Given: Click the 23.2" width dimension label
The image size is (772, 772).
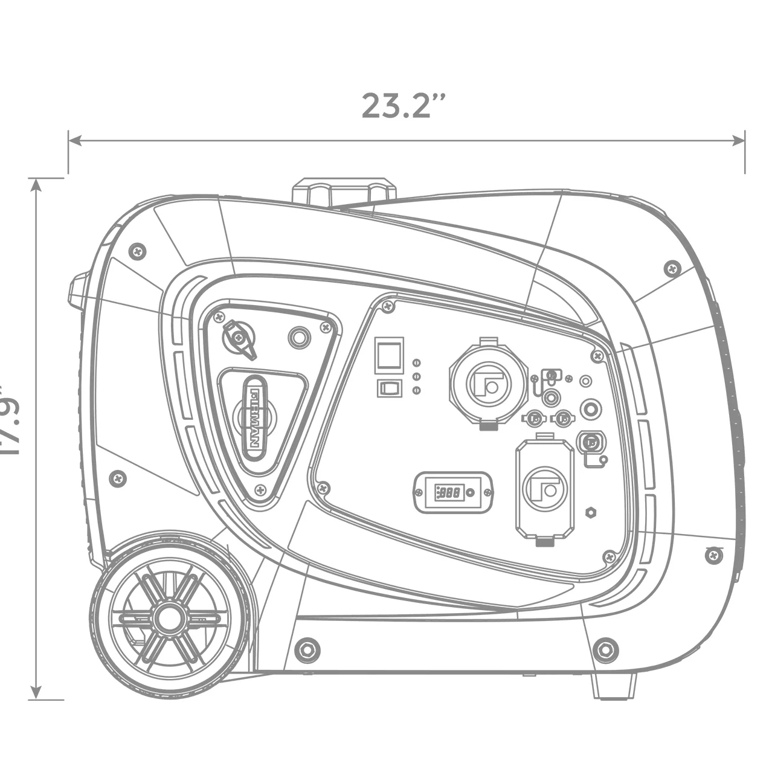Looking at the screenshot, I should point(404,106).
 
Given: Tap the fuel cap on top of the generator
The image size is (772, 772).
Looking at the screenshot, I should point(344,191).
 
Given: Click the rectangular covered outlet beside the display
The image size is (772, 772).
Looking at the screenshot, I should point(544,489).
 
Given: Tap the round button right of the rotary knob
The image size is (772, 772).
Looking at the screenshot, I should point(298,337).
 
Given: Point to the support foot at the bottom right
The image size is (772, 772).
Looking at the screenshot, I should point(613,686).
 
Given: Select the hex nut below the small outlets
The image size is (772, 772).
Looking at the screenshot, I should point(591,513).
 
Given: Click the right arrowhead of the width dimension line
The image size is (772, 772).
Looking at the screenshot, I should point(739,140).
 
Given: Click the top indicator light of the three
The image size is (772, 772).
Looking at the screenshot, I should point(416,362).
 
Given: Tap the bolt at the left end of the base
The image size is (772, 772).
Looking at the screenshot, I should point(307,649).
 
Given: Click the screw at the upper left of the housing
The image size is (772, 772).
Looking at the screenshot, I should point(138,250).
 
